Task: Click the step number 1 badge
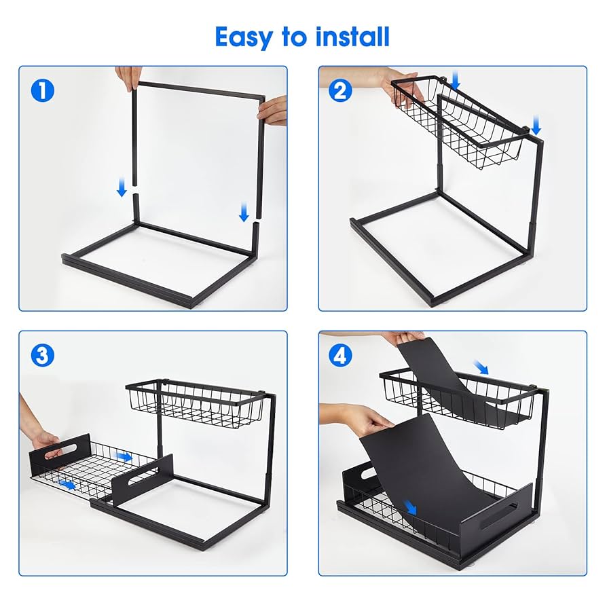43,90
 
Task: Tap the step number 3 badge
43,355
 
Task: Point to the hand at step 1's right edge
274,110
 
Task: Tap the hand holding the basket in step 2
390,85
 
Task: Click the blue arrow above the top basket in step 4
481,367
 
